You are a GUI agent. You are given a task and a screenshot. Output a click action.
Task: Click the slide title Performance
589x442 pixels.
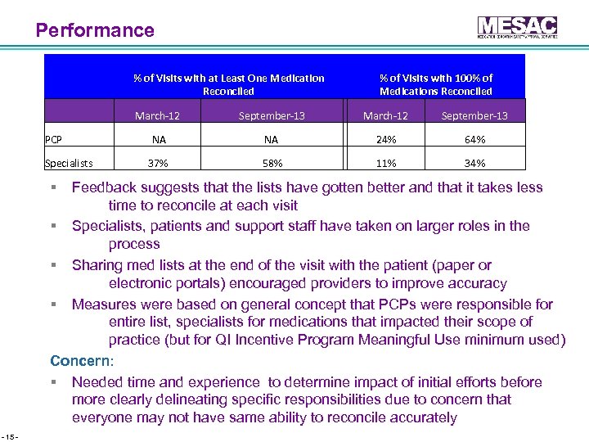coord(95,31)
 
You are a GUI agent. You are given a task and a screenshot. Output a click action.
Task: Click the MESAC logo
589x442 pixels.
coord(517,27)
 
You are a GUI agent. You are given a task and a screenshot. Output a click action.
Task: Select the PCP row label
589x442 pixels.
coord(54,139)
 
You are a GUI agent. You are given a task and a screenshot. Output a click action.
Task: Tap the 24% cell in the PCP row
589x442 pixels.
coord(385,139)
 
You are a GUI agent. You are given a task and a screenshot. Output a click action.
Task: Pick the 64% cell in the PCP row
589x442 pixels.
coord(474,139)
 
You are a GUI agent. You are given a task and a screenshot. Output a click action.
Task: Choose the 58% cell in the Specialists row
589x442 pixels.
coord(272,163)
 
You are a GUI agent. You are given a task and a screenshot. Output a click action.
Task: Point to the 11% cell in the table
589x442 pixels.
coord(385,163)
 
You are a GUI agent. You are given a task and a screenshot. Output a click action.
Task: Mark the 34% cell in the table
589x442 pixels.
coord(474,163)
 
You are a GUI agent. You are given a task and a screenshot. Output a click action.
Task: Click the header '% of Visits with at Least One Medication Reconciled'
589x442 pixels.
coord(228,84)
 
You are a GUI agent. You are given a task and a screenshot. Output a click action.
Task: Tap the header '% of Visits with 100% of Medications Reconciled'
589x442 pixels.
coord(435,84)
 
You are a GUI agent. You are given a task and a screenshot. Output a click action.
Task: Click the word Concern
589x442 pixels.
coord(82,360)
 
